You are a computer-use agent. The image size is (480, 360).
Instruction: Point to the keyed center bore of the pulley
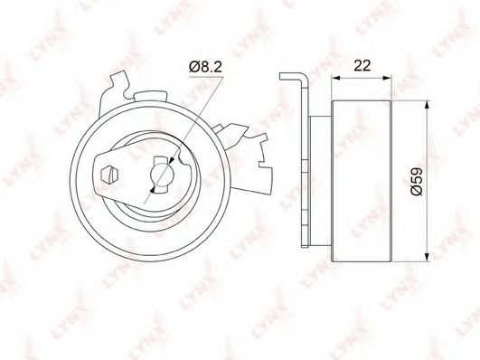(x=162, y=173)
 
